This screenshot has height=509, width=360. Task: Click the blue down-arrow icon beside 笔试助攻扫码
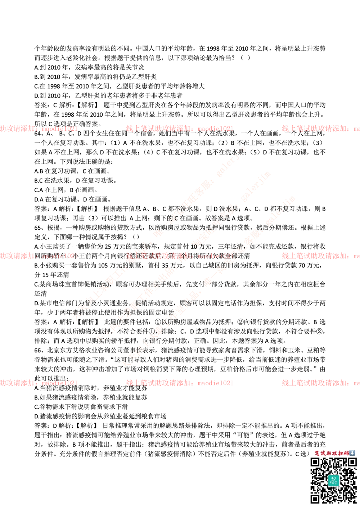coord(352,453)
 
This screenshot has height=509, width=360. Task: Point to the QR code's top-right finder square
coord(352,463)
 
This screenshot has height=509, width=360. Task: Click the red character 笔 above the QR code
coord(317,453)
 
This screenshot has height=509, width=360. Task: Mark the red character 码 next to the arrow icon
coord(347,453)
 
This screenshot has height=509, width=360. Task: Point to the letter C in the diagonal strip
coord(176,218)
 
